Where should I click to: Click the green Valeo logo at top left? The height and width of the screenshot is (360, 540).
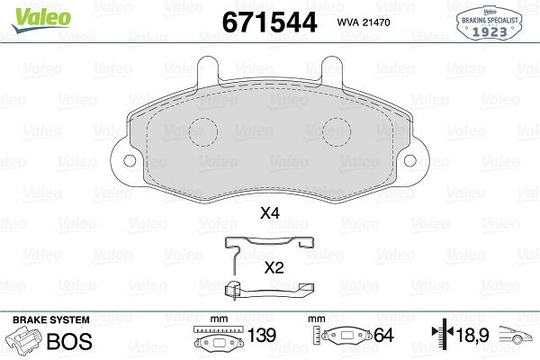point(41,20)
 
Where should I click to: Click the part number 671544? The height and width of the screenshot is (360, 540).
point(269,22)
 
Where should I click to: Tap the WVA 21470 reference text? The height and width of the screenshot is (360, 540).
point(364,22)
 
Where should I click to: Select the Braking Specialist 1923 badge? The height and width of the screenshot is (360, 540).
point(489,23)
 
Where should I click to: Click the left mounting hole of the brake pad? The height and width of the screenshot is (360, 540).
point(130,160)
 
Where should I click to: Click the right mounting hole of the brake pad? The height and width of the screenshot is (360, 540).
point(409,160)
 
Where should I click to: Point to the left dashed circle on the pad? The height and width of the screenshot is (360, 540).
point(203,132)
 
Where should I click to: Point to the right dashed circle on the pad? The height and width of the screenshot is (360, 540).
point(337,132)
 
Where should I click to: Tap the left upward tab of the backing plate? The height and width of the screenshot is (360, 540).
point(208,70)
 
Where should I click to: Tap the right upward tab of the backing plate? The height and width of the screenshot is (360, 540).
point(331,70)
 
